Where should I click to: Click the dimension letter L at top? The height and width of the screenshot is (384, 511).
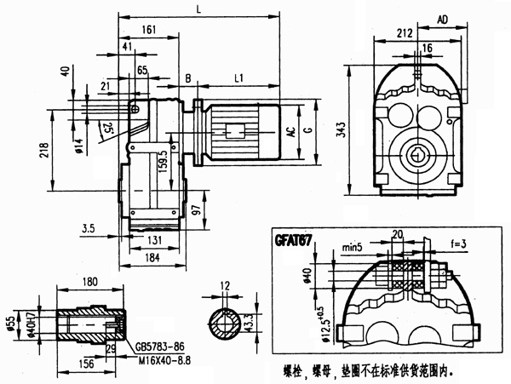pos(198,9)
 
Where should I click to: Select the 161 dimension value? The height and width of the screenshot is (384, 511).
pos(150,30)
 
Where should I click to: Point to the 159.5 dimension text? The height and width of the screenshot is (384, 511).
pos(162,159)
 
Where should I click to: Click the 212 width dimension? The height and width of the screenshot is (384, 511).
pos(405,33)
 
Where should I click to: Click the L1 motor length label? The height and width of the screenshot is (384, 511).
pos(239,78)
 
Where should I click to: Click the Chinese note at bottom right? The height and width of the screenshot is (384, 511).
pos(375,372)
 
